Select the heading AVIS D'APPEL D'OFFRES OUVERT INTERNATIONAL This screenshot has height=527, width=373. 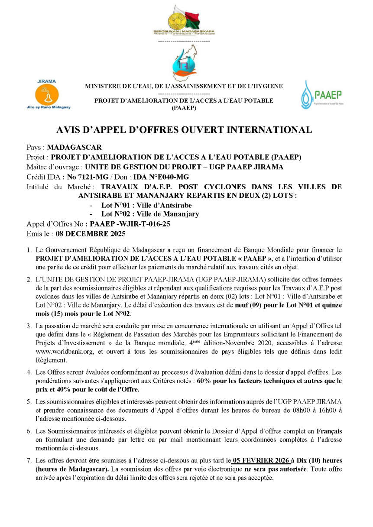click(x=184, y=130)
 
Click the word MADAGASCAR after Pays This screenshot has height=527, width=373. click(x=75, y=147)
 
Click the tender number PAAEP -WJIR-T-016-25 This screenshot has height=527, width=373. click(x=128, y=224)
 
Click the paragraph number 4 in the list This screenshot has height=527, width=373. click(x=29, y=372)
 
